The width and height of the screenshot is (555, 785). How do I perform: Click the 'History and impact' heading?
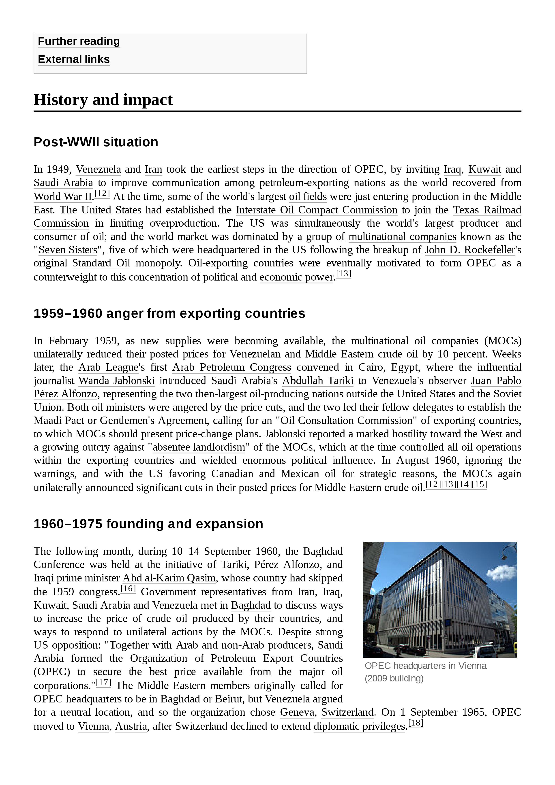click(x=103, y=100)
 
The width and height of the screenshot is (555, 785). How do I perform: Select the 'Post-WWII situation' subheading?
click(x=96, y=142)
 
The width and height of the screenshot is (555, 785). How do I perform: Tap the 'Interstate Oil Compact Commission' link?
click(x=317, y=210)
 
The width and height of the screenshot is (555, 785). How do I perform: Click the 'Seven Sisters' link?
click(x=68, y=250)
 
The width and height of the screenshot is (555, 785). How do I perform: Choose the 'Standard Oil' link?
click(x=101, y=263)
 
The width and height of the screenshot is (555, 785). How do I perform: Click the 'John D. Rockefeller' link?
click(x=469, y=250)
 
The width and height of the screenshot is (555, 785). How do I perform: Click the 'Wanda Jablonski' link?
click(x=116, y=381)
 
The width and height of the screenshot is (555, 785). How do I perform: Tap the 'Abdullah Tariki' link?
click(x=317, y=381)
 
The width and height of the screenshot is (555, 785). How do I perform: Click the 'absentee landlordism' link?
click(x=199, y=447)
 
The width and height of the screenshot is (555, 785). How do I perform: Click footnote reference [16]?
click(x=128, y=589)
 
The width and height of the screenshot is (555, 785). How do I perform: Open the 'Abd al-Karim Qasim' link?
click(x=169, y=578)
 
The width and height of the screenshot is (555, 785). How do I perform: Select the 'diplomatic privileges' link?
click(x=359, y=726)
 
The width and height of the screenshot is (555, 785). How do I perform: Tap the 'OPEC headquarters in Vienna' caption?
click(x=425, y=666)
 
